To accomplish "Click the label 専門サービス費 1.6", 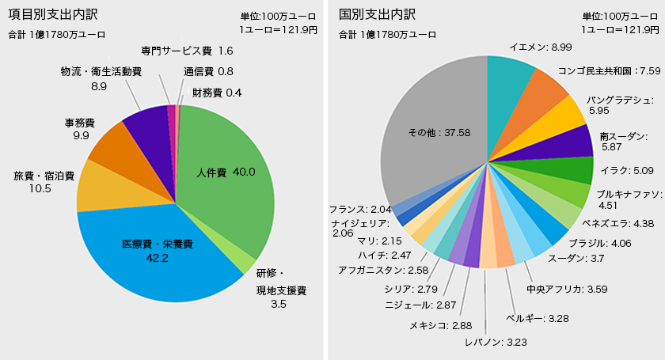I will [x=187, y=51].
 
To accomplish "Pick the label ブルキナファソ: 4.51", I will [x=628, y=199].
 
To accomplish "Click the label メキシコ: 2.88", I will [x=440, y=325].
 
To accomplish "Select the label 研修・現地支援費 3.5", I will [x=281, y=285].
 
